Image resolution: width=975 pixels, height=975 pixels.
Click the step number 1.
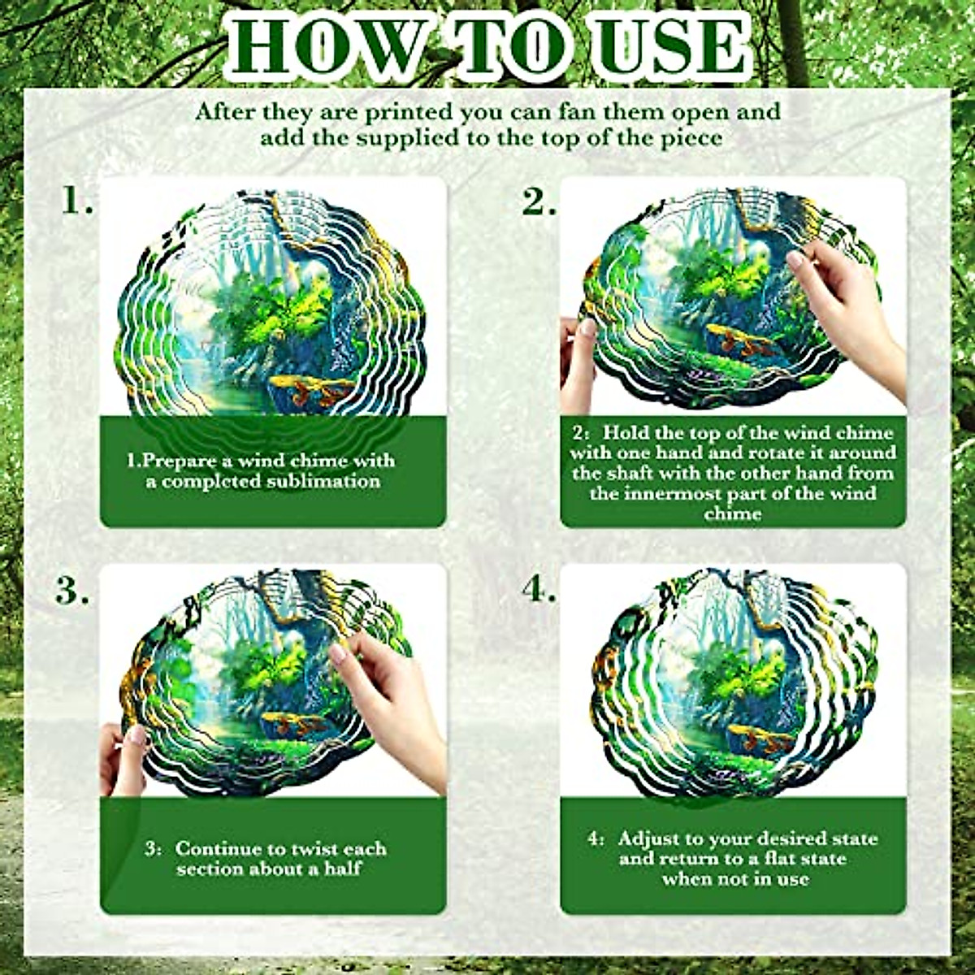coord(77,201)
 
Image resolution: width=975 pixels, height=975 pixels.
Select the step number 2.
coord(539,201)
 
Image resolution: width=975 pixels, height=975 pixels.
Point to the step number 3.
coord(72,591)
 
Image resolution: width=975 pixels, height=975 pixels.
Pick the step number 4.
coord(539,591)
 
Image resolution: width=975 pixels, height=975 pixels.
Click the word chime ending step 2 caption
coord(733,513)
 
